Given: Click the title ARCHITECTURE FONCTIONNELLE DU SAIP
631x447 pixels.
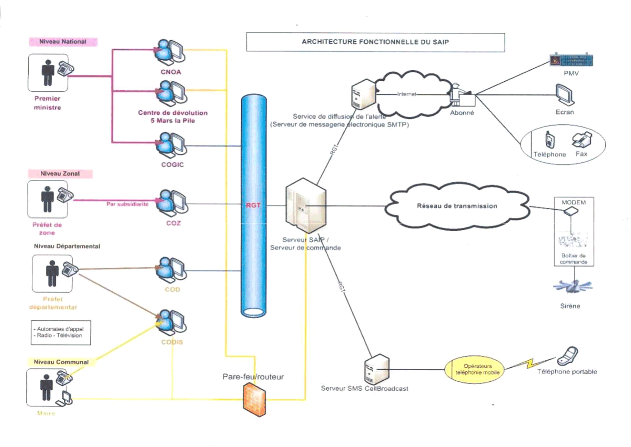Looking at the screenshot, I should click(375, 42).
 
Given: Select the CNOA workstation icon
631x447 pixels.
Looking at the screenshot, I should click(171, 51).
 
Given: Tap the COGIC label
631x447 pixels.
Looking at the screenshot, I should click(172, 164).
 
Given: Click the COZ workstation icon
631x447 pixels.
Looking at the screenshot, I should click(173, 202).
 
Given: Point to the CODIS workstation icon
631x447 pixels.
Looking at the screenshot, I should click(172, 322).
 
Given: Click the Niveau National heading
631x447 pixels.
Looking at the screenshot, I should click(63, 42).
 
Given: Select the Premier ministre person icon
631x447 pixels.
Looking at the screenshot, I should click(48, 72).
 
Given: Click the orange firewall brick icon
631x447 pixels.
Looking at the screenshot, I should click(254, 399).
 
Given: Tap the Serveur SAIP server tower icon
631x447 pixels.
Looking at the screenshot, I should click(305, 205).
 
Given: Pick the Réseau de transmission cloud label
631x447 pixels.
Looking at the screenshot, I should click(457, 206).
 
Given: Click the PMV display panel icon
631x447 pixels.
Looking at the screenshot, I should click(571, 60).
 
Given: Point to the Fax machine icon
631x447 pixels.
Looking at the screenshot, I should click(582, 140).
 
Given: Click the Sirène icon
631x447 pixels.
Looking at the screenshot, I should click(572, 287).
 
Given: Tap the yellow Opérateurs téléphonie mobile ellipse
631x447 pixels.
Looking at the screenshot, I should click(477, 369).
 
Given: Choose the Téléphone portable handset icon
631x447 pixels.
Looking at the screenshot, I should click(568, 356).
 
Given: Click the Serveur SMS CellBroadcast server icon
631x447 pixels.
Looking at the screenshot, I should click(376, 369).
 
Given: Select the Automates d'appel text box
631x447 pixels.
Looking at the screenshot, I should click(61, 332).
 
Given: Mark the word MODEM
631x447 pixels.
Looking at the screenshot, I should click(574, 202).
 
